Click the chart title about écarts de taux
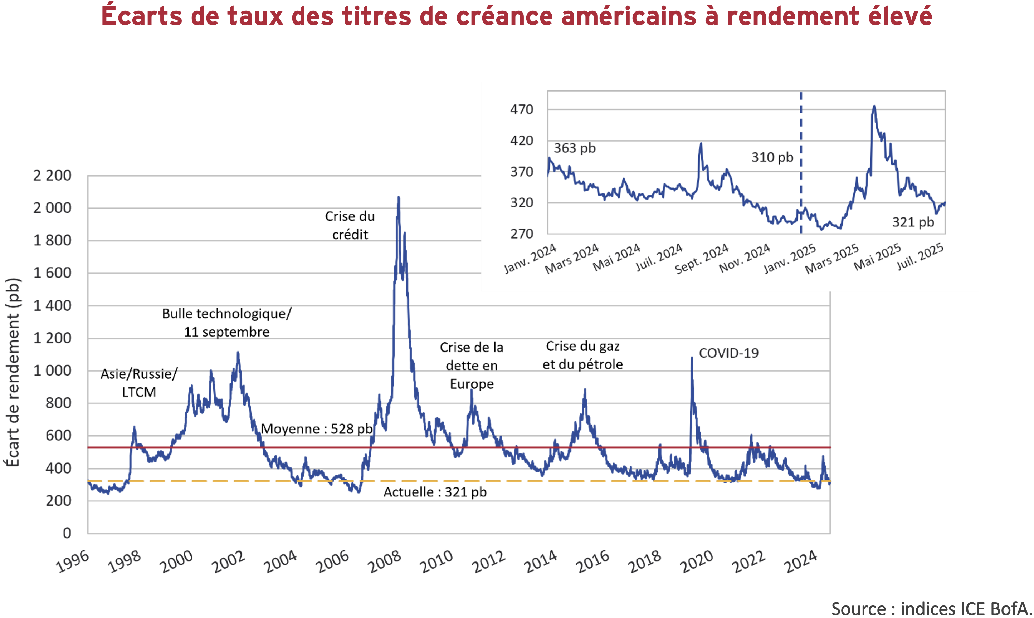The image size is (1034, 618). point(517,17)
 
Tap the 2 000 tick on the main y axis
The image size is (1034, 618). point(52,208)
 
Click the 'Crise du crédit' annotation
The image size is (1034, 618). point(350,225)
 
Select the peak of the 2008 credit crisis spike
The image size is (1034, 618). point(399,198)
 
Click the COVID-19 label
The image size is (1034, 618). point(729,353)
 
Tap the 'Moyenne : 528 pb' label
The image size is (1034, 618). point(317,429)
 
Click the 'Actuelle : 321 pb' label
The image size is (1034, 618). point(435,492)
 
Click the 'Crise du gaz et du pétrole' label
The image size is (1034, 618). point(582,355)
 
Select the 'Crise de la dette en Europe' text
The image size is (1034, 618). point(472,366)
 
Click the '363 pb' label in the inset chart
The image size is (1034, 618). point(575,148)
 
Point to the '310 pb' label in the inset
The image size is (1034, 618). point(772,157)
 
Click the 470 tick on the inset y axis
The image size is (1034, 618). point(522,109)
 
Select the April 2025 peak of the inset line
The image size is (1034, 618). point(874,107)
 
